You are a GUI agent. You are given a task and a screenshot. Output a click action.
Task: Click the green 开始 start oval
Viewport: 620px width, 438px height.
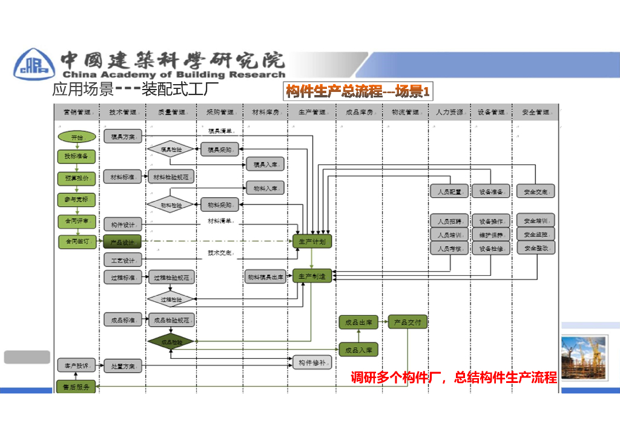[x=77, y=137]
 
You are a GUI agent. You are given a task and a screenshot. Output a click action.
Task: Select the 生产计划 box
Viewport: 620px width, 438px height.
[x=312, y=241]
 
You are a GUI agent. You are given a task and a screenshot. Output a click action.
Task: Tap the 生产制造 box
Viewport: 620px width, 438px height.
[x=312, y=276]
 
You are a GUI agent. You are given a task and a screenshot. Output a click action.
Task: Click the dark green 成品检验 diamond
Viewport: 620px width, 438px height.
[x=170, y=342]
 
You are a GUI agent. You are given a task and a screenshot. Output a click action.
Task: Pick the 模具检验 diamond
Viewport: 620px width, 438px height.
[x=170, y=149]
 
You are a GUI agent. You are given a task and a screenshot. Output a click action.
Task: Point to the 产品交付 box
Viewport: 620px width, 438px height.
[x=407, y=322]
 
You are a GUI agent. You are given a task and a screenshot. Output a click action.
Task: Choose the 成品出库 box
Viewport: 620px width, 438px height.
[x=358, y=322]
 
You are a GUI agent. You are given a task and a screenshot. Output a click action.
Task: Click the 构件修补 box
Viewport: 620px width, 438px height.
[x=312, y=362]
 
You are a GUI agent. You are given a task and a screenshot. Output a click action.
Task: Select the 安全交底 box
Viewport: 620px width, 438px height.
[x=536, y=192]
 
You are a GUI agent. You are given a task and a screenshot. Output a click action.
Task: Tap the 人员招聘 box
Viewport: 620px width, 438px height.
[x=449, y=221]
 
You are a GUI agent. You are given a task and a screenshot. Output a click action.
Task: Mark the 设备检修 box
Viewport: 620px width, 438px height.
[x=491, y=248]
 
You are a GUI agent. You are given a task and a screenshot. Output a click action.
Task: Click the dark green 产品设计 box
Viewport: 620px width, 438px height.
[x=122, y=242]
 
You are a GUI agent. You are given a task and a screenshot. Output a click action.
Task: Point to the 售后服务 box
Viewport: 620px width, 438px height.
[x=76, y=387]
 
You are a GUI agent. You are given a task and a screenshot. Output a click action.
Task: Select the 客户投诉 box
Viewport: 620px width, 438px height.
[x=76, y=365]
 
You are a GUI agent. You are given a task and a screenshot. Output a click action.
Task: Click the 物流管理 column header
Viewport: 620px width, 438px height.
[x=405, y=113]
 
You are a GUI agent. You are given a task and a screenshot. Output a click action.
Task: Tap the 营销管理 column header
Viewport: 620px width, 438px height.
[x=76, y=113]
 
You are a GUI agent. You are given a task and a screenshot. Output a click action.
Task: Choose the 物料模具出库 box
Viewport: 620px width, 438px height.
[x=265, y=277]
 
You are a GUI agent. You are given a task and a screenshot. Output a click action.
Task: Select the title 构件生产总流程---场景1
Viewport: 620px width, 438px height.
[x=358, y=92]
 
